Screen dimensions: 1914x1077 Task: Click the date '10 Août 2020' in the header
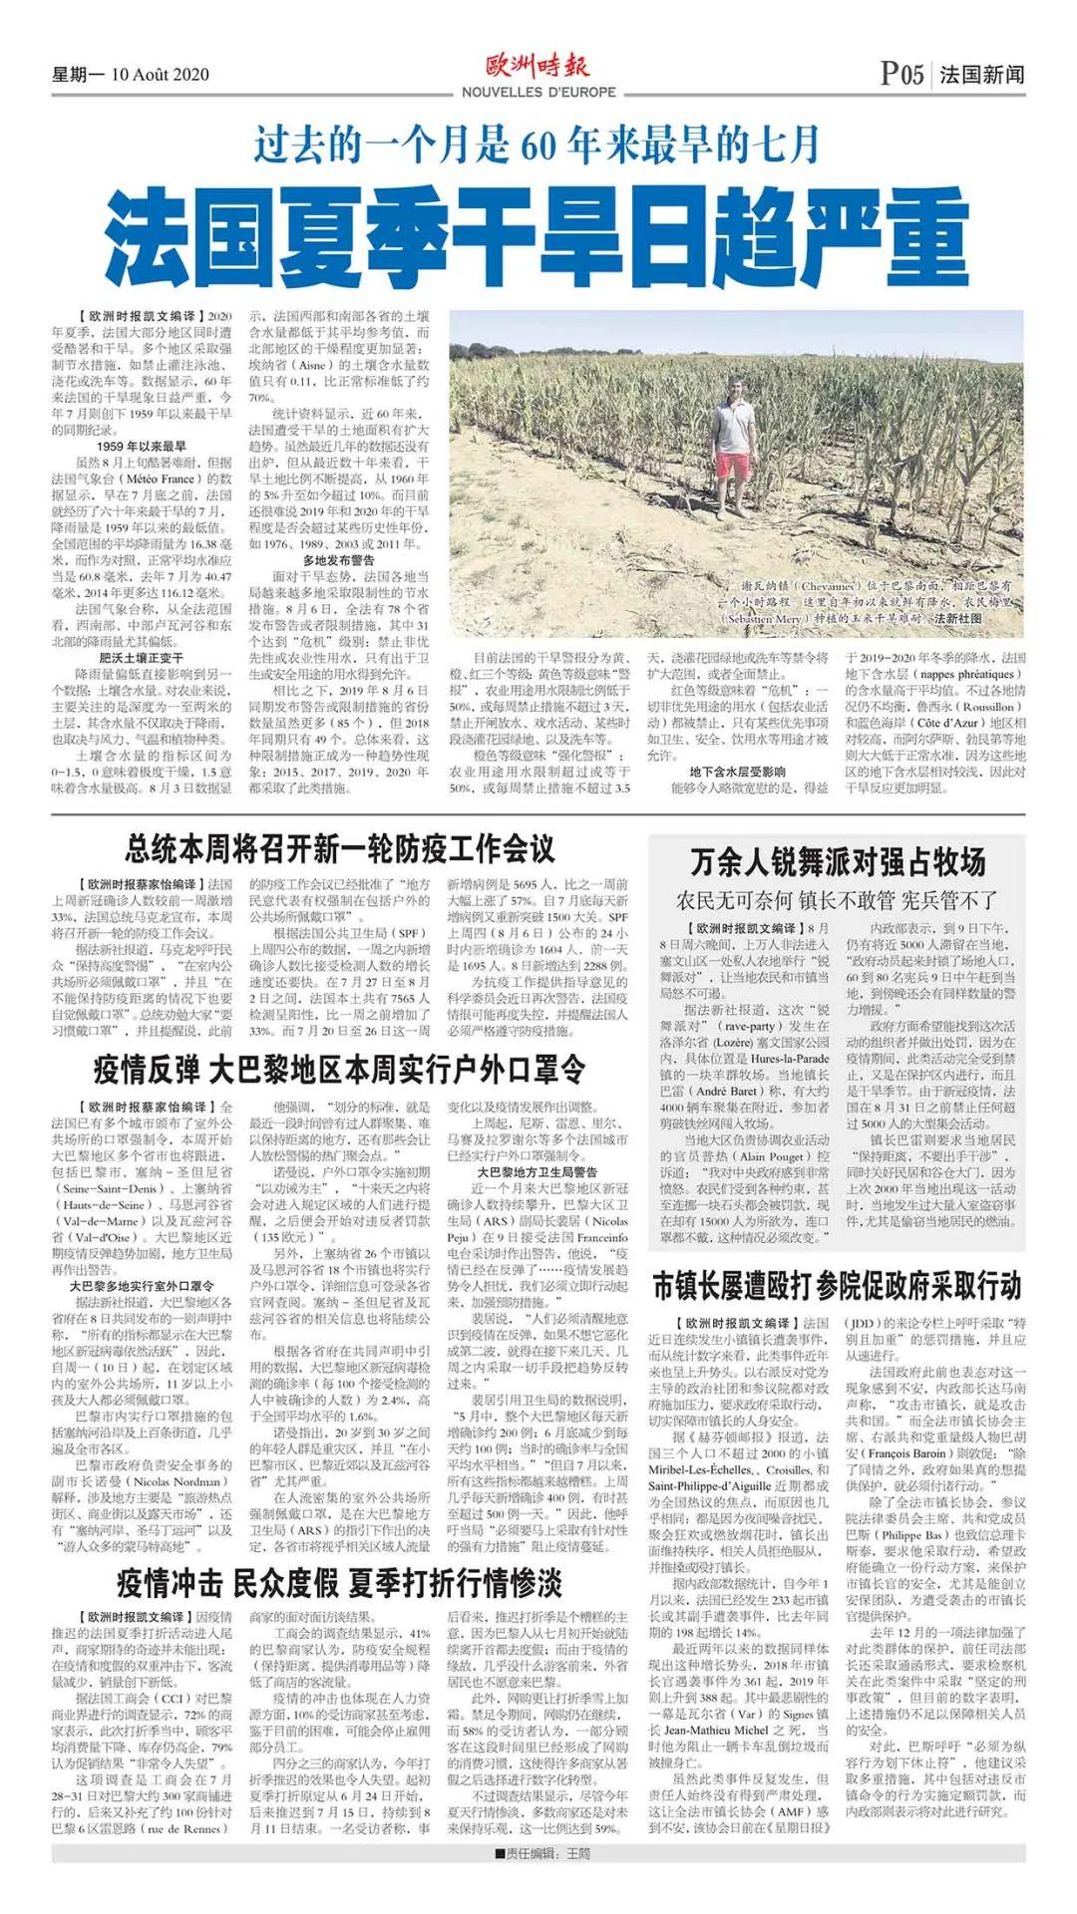pos(160,76)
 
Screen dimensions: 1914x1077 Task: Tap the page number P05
pos(901,75)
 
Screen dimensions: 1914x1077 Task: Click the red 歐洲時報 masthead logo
pos(538,67)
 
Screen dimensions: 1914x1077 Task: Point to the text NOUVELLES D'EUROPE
pos(538,93)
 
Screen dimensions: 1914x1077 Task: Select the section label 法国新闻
pos(981,75)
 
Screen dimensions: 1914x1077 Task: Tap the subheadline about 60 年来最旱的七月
pos(538,145)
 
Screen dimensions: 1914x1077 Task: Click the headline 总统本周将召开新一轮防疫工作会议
pos(340,849)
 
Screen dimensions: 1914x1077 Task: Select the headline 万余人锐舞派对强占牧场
pos(838,861)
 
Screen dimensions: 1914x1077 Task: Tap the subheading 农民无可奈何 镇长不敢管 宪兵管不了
pos(838,900)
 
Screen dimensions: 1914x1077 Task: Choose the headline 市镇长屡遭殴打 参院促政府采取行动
pos(838,1287)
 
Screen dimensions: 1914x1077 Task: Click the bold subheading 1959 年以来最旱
pos(142,446)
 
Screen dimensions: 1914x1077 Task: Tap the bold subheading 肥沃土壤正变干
pos(142,658)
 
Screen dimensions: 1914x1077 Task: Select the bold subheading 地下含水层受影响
pos(738,772)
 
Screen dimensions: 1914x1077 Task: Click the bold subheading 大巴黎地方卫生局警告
pos(538,1171)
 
